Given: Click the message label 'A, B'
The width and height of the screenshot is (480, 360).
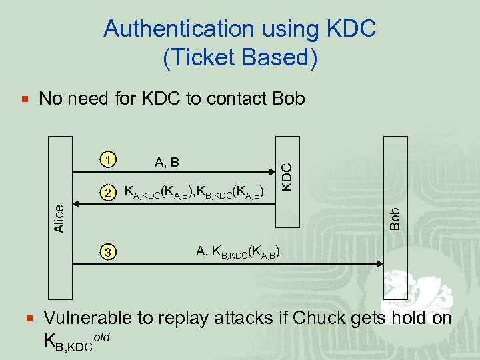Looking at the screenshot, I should pyautogui.click(x=167, y=161).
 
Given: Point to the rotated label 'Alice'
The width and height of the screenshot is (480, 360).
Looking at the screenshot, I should pyautogui.click(x=59, y=218).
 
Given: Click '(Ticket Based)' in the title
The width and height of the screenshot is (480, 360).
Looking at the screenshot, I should pyautogui.click(x=239, y=58).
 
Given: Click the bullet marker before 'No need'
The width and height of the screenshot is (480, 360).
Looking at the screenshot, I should pyautogui.click(x=25, y=99).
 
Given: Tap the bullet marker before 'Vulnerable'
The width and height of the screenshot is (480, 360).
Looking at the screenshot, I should pyautogui.click(x=25, y=318).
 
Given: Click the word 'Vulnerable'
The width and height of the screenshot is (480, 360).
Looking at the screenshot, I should pyautogui.click(x=85, y=318).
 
